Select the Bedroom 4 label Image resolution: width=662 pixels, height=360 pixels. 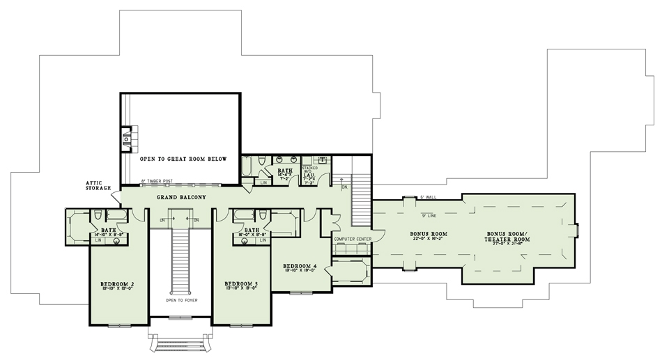pyautogui.click(x=300, y=266)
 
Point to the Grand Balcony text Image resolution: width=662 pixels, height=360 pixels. pyautogui.click(x=183, y=197)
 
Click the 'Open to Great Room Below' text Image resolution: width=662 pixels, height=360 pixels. pyautogui.click(x=183, y=159)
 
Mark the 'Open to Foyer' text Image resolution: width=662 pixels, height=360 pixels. pyautogui.click(x=180, y=302)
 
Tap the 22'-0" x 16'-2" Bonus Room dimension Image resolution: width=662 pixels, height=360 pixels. pyautogui.click(x=428, y=239)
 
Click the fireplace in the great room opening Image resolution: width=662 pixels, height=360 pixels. pyautogui.click(x=126, y=140)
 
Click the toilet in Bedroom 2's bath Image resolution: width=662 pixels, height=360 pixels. pyautogui.click(x=98, y=214)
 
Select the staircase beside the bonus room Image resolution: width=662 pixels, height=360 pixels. pyautogui.click(x=361, y=197)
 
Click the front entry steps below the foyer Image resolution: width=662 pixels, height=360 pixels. pyautogui.click(x=180, y=343)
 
